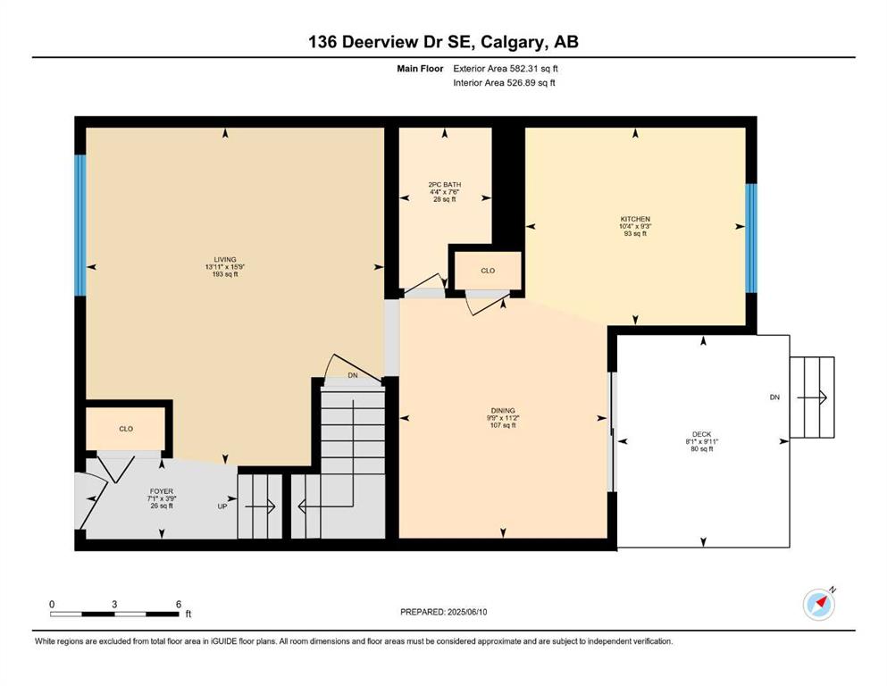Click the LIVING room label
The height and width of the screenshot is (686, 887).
(224, 260)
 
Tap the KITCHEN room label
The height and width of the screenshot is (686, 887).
(635, 219)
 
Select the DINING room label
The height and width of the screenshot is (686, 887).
(503, 411)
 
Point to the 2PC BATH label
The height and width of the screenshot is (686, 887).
(445, 184)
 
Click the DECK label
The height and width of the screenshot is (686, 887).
(701, 434)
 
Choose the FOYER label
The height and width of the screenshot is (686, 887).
(161, 491)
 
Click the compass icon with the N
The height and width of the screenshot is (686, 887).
(819, 604)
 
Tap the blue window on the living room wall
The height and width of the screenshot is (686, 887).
(80, 225)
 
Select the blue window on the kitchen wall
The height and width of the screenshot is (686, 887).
(751, 238)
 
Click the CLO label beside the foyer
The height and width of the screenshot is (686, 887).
(126, 429)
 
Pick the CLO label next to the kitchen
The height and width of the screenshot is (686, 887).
(488, 271)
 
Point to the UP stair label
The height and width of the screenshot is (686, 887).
(222, 506)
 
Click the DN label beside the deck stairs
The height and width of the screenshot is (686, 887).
(774, 397)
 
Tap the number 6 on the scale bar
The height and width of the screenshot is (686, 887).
(178, 604)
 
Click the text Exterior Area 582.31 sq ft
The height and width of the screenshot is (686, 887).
(506, 69)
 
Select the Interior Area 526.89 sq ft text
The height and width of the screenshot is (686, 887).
(504, 82)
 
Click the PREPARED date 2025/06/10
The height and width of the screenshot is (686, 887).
(467, 612)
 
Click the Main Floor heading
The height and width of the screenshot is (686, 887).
(420, 69)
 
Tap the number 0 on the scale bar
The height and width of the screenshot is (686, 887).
(52, 604)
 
